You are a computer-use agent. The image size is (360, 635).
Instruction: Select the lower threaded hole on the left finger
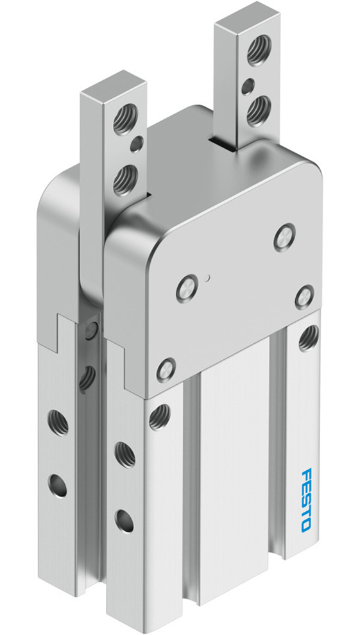tap(124, 179)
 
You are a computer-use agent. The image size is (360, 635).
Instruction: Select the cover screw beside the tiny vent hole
tap(186, 284)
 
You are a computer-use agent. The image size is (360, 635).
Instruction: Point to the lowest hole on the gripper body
tap(124, 516)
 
